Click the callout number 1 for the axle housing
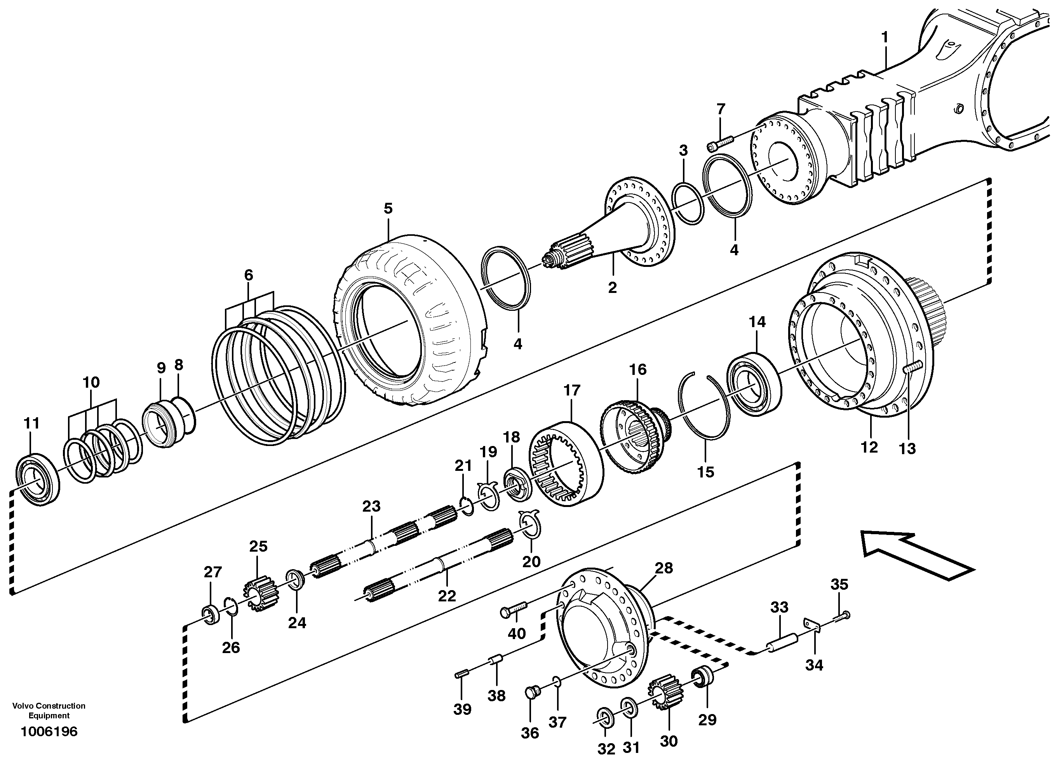(x=885, y=37)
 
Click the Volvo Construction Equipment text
(x=49, y=710)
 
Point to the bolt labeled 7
(x=720, y=142)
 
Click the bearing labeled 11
(x=37, y=481)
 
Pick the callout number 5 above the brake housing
(x=388, y=208)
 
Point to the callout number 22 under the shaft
(x=446, y=596)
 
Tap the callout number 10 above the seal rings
(x=91, y=383)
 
